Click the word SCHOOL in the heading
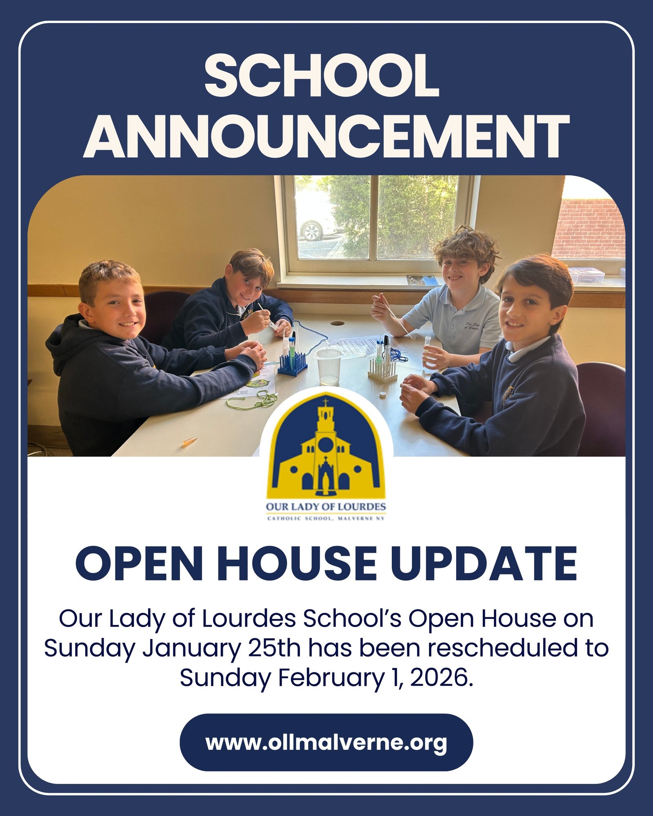pyautogui.click(x=322, y=76)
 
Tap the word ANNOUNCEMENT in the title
pyautogui.click(x=326, y=136)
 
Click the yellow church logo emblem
pyautogui.click(x=326, y=446)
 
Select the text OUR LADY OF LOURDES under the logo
pyautogui.click(x=326, y=507)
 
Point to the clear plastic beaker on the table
pyautogui.click(x=328, y=366)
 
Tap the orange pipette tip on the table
pyautogui.click(x=189, y=441)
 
